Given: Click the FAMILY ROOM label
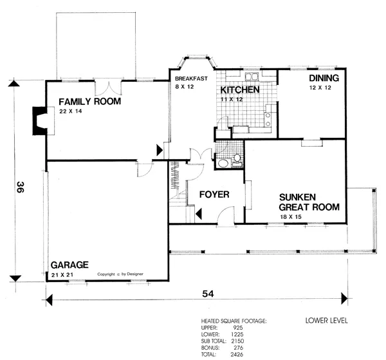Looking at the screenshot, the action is tap(90, 101).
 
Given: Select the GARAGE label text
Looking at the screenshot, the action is tap(69, 265).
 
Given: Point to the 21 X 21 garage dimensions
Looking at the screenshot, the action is tap(62, 275).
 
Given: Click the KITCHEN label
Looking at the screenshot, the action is tap(240, 90).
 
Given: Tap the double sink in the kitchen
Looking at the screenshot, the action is tap(252, 77).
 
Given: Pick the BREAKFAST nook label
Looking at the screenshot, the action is tap(191, 79).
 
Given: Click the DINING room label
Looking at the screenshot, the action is tap(324, 78).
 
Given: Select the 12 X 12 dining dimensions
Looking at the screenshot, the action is tap(320, 88).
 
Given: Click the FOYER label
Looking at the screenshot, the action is tap(214, 194).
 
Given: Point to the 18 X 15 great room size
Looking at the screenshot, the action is tap(291, 217).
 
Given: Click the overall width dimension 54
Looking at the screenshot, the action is tap(208, 294).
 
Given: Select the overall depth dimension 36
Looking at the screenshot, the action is tap(20, 187).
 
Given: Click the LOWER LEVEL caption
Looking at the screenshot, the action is tap(327, 321).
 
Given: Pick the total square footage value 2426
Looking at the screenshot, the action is tap(237, 354).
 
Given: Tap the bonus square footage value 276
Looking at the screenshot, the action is tap(238, 348).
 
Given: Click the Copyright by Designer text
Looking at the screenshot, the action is tap(120, 274).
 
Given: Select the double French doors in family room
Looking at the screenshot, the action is tap(108, 88).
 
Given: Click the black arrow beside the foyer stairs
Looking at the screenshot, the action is tap(199, 214).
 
